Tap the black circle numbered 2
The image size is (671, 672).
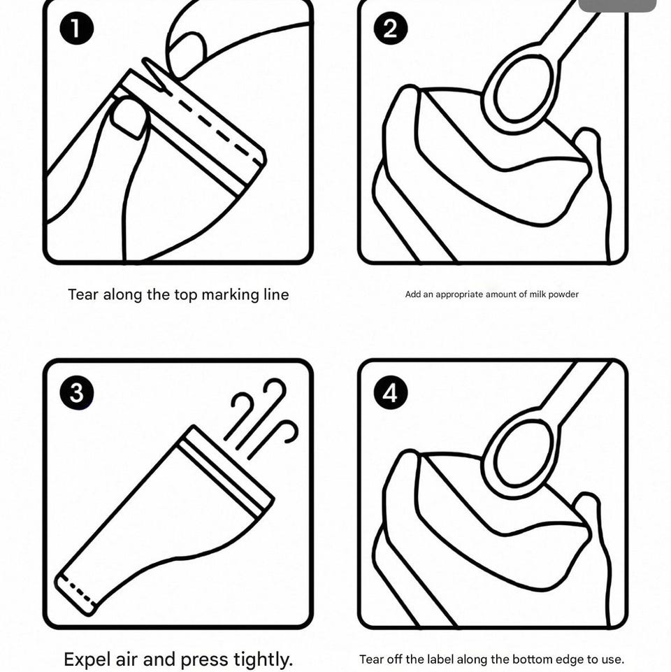(390, 28)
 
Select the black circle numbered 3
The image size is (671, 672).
(76, 392)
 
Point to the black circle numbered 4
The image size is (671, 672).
(390, 392)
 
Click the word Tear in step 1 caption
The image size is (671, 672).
(83, 294)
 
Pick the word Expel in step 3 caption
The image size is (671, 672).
(88, 659)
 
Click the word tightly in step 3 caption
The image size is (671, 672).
(263, 659)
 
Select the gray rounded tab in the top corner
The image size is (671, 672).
(617, 6)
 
